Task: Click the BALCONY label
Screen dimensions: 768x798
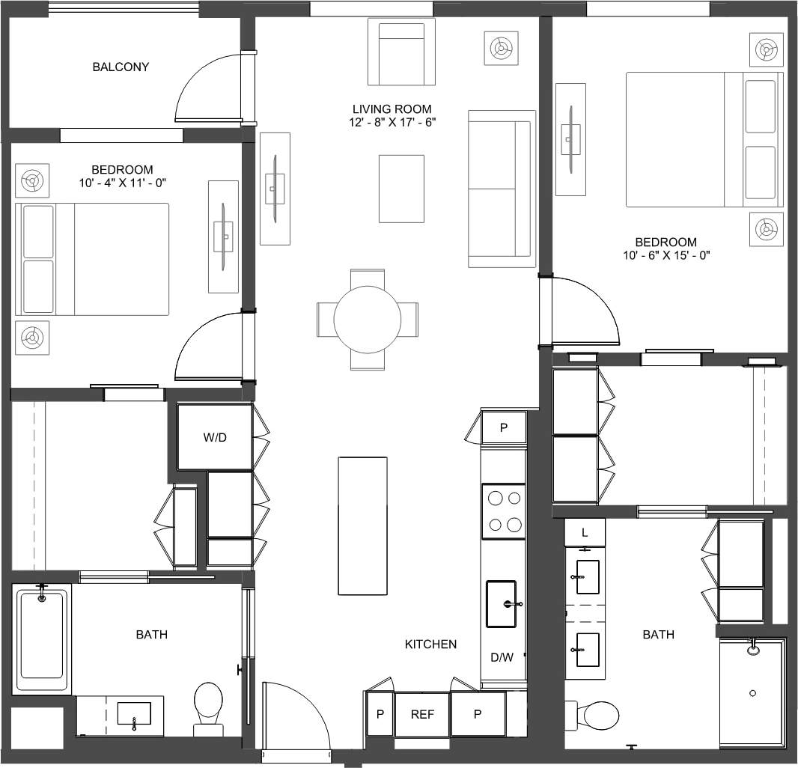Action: click(x=121, y=67)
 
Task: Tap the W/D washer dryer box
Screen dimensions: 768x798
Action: click(x=215, y=438)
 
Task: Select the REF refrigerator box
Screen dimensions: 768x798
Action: click(x=422, y=715)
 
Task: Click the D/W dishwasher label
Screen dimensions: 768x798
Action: click(x=502, y=658)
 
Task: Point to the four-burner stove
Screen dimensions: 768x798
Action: click(x=503, y=511)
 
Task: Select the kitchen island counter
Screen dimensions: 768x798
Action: click(x=363, y=525)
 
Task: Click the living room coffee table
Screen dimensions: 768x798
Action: click(x=401, y=189)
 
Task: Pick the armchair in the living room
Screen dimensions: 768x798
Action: click(x=401, y=52)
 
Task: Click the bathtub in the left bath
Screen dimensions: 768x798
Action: click(x=42, y=636)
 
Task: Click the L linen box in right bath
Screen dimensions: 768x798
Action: click(x=585, y=532)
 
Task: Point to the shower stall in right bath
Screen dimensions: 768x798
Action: click(x=752, y=693)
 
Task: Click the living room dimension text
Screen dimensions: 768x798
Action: click(x=392, y=122)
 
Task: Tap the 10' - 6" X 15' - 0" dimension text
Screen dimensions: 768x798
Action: click(x=665, y=255)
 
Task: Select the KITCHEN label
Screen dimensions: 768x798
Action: click(x=430, y=644)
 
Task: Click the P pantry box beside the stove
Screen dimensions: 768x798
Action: click(x=503, y=428)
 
